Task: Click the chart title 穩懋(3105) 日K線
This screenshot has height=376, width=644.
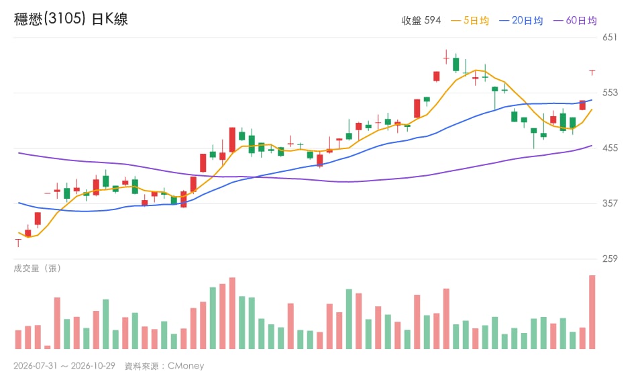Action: (70, 19)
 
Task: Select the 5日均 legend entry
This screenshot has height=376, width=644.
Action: (470, 21)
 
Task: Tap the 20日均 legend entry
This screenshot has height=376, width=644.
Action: (521, 21)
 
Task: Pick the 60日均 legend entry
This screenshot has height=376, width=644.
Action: (575, 21)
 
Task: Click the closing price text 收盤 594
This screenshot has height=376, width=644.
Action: (421, 21)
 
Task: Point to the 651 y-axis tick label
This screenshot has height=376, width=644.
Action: (610, 38)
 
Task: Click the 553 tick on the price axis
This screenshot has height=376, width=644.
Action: (610, 93)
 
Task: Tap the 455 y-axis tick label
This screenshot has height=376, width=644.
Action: (610, 148)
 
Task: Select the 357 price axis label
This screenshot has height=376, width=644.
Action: (610, 203)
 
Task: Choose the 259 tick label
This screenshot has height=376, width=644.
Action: (610, 259)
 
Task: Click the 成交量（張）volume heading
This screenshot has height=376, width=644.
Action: (38, 269)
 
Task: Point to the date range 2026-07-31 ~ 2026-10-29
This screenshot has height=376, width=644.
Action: (64, 366)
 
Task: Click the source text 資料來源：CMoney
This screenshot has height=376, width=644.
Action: (164, 366)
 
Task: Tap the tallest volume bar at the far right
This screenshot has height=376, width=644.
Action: (592, 312)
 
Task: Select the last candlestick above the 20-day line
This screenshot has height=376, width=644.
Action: (592, 73)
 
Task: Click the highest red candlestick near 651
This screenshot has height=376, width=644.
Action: (446, 56)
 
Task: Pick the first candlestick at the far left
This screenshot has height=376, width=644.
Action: (18, 242)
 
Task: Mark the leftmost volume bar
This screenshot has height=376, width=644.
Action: (18, 340)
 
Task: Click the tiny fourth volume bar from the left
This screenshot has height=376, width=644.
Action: (47, 347)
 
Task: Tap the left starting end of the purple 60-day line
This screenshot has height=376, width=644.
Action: (19, 153)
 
